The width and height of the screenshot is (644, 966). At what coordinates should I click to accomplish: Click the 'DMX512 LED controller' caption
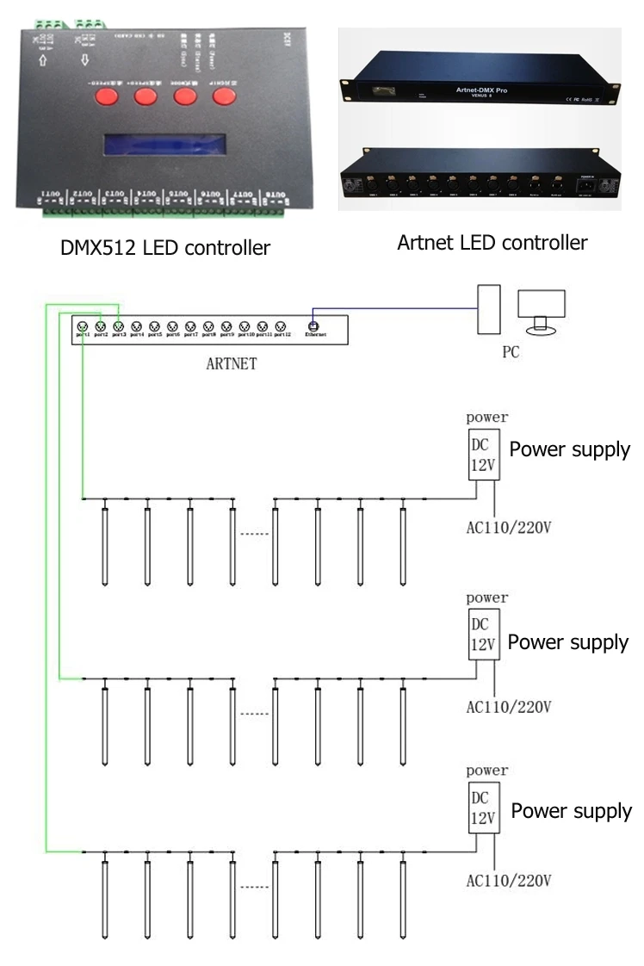coord(164,248)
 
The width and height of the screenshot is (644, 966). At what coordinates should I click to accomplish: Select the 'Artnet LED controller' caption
coord(492,243)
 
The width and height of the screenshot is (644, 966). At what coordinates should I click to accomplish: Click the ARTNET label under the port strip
coord(231,363)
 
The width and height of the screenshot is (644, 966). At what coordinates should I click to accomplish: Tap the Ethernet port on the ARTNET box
coord(314,327)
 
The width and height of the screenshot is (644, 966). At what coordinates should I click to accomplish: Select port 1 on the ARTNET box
coord(83,327)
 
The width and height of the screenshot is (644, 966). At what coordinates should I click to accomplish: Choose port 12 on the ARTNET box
coord(281,327)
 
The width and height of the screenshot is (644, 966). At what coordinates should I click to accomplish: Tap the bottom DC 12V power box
coord(483,808)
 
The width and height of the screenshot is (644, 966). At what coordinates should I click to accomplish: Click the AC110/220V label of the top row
coord(508,527)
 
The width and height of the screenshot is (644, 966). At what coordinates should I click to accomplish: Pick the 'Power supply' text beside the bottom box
coord(571,811)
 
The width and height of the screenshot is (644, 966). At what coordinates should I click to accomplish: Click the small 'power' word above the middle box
coord(486,597)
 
